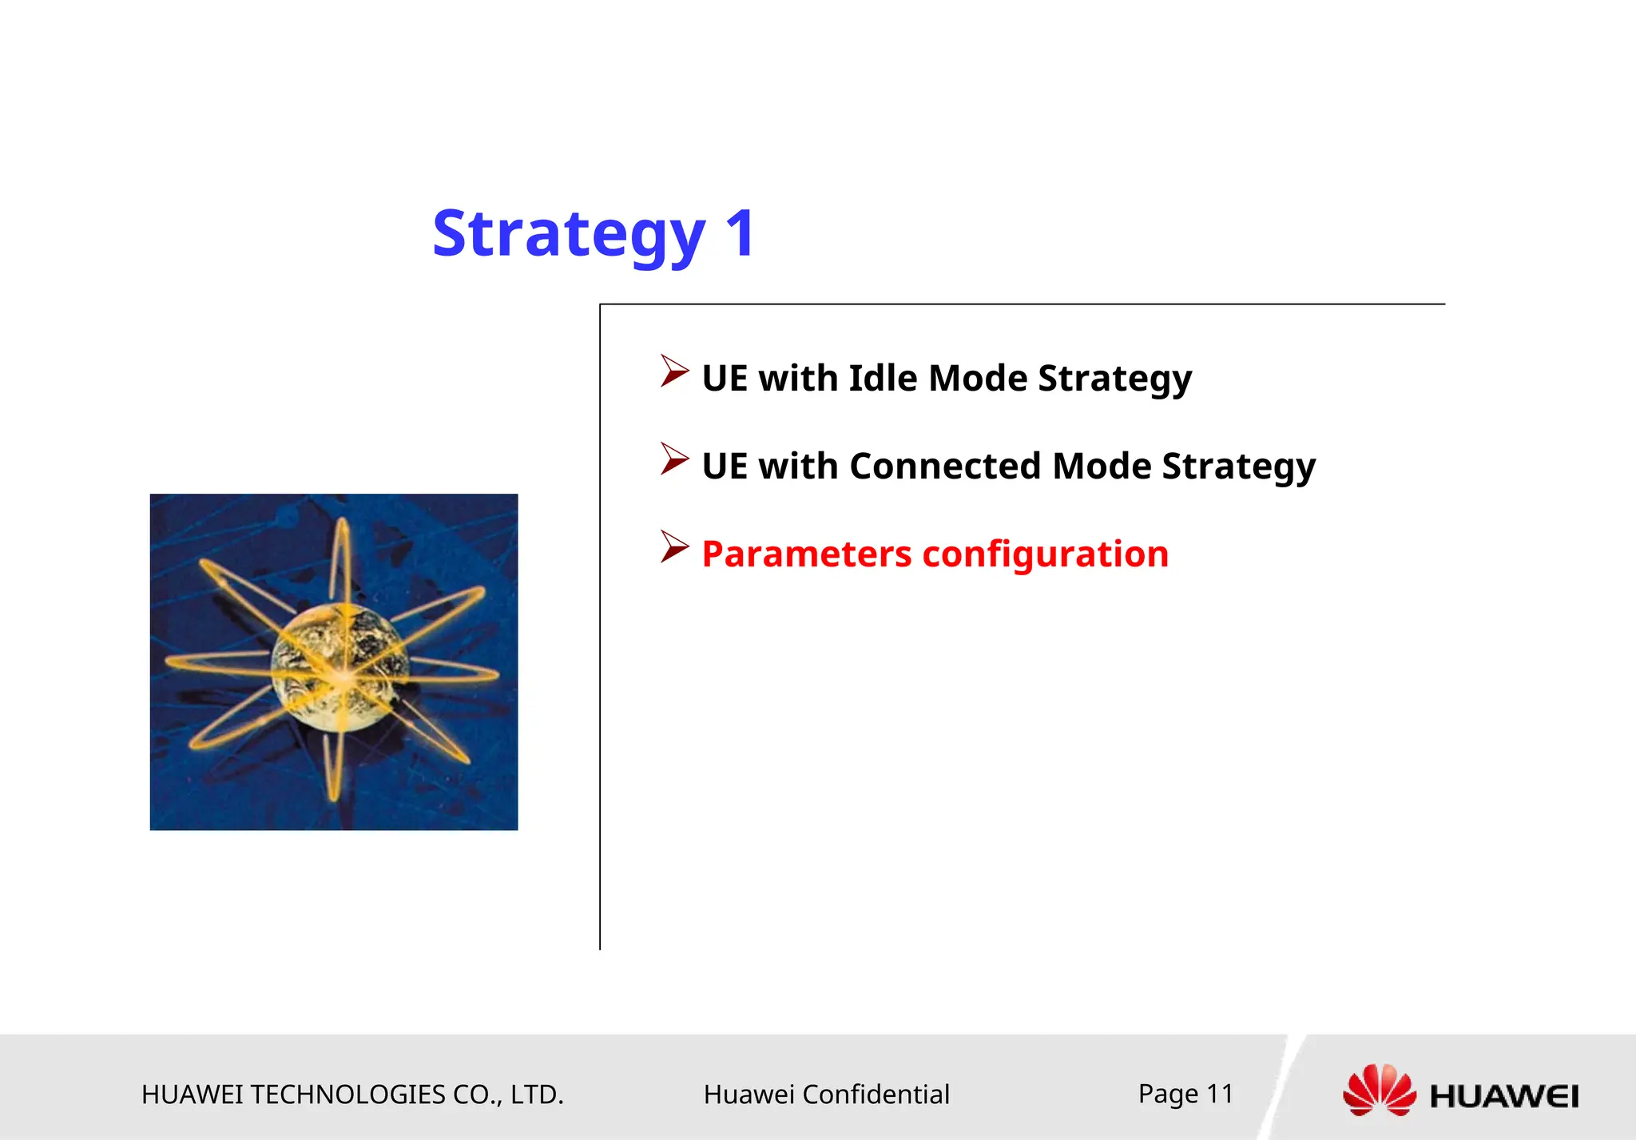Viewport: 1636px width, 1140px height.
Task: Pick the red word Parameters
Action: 806,554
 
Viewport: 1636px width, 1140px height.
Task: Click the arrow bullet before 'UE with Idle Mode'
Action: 673,371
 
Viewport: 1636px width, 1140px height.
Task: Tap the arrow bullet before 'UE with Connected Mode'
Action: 673,459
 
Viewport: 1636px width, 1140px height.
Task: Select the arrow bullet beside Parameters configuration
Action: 673,547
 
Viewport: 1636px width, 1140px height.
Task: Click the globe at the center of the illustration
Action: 340,665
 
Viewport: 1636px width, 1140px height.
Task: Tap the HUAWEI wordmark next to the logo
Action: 1504,1096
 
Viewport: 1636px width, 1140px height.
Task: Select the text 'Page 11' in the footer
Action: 1185,1093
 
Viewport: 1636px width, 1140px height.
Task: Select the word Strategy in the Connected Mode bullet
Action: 1238,466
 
